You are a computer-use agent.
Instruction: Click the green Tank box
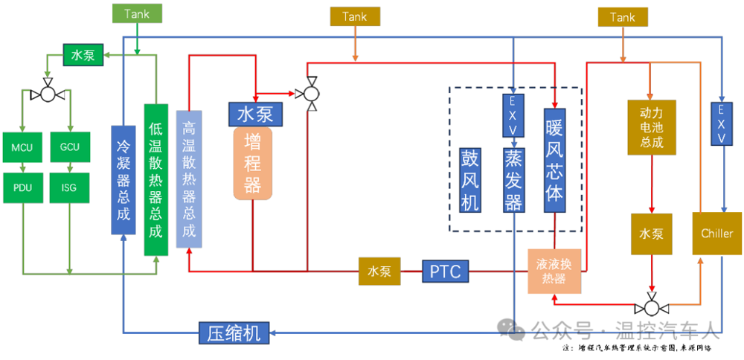pyautogui.click(x=136, y=13)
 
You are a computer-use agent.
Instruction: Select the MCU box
pyautogui.click(x=22, y=147)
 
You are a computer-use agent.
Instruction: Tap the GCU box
pyautogui.click(x=69, y=147)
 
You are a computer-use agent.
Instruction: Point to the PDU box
pyautogui.click(x=22, y=187)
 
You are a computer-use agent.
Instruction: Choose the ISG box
pyautogui.click(x=69, y=187)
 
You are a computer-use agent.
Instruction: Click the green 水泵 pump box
pyautogui.click(x=83, y=55)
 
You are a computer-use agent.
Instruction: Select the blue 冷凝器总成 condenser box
pyautogui.click(x=124, y=179)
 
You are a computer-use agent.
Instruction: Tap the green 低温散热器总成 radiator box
pyautogui.click(x=155, y=179)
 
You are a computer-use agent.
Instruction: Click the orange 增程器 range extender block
pyautogui.click(x=253, y=164)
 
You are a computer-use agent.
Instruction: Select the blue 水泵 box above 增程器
pyautogui.click(x=254, y=115)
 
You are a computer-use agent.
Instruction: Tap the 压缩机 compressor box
pyautogui.click(x=234, y=332)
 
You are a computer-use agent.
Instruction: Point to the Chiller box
pyautogui.click(x=716, y=234)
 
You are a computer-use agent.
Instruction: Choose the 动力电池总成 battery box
pyautogui.click(x=651, y=127)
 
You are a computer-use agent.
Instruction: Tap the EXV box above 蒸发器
pyautogui.click(x=513, y=116)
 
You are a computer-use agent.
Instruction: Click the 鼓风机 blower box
pyautogui.click(x=469, y=179)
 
